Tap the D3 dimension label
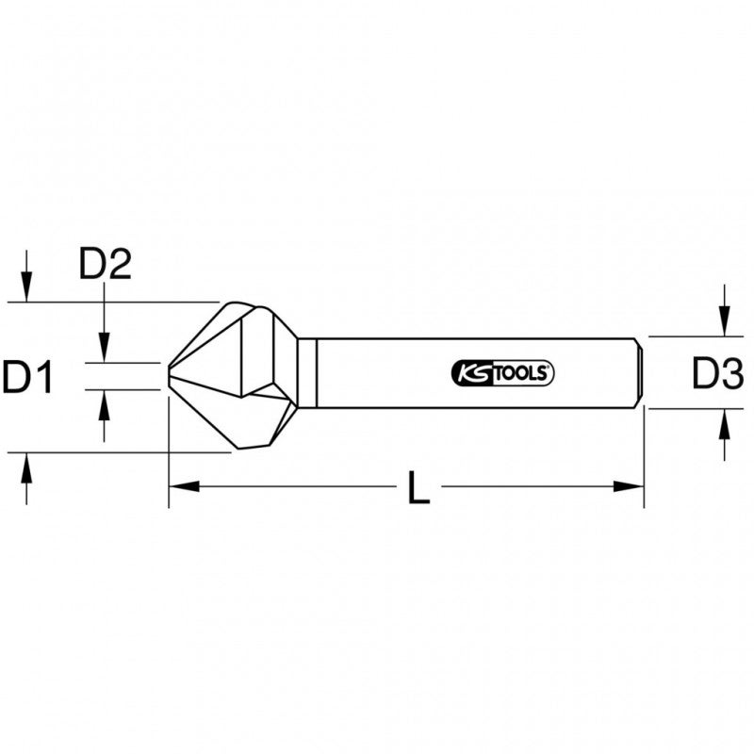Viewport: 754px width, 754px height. click(718, 374)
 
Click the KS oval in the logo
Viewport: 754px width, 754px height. click(469, 373)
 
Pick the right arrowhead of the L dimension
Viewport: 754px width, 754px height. click(629, 487)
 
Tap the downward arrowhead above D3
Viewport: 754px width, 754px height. click(723, 324)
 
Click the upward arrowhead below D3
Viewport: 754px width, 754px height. click(723, 421)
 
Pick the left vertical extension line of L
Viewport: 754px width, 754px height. click(169, 452)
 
